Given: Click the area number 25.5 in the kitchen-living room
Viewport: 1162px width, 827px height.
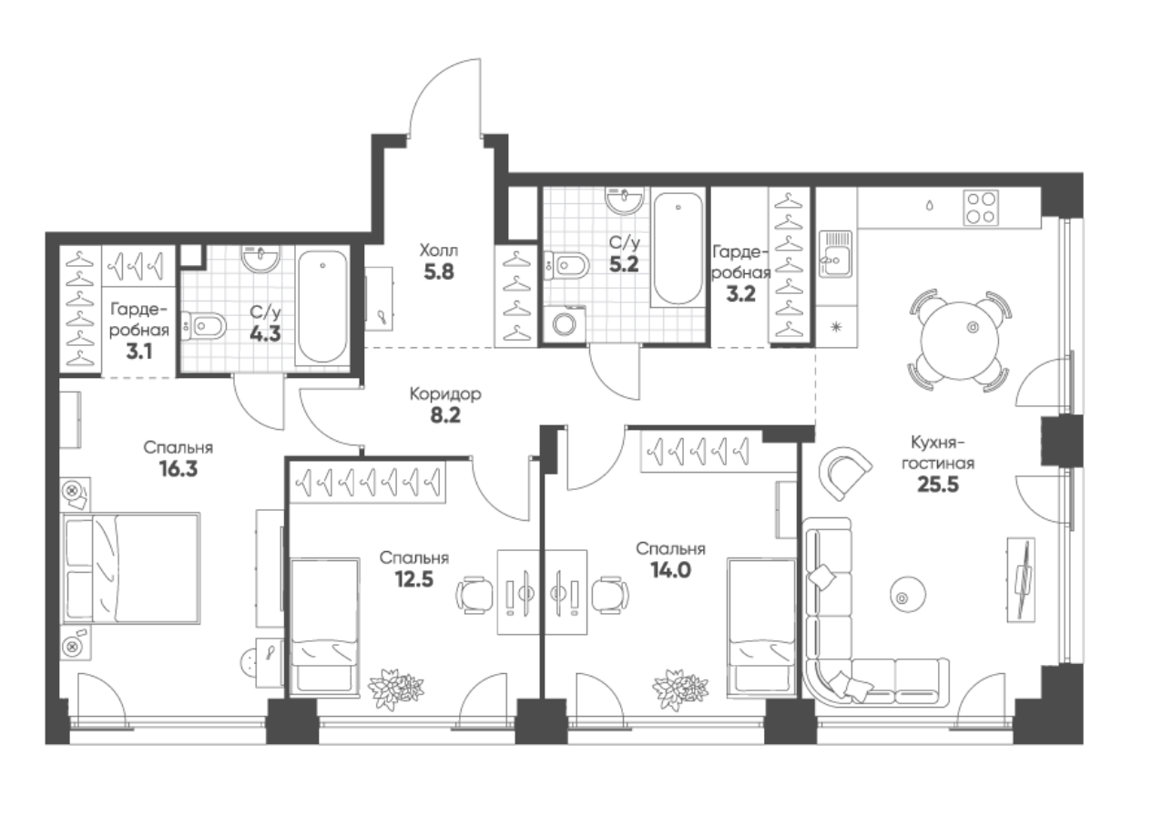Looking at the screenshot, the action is (x=938, y=485).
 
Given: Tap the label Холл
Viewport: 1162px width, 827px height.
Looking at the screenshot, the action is (x=439, y=251).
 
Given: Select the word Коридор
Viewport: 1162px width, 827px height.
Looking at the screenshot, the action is (x=445, y=394).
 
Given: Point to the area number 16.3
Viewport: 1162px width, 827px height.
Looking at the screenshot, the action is (x=178, y=469).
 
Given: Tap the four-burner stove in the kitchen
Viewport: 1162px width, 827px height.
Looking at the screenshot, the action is (x=981, y=208).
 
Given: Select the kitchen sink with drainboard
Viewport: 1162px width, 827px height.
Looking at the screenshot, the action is (x=836, y=254).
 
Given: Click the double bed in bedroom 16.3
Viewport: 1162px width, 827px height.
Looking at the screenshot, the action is (x=131, y=568).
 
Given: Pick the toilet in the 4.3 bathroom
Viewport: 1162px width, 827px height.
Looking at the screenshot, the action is (x=204, y=326).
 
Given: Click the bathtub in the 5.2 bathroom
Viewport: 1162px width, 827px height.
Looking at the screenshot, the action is (x=678, y=249).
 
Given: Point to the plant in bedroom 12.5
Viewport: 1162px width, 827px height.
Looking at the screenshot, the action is (x=396, y=689).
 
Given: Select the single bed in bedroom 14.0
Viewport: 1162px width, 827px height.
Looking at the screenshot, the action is (x=762, y=625).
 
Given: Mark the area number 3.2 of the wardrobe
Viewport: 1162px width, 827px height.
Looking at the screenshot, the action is (x=740, y=294).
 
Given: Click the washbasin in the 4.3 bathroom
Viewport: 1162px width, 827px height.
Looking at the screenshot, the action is (x=260, y=259).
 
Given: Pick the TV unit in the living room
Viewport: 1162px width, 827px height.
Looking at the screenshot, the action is (x=1021, y=579).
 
